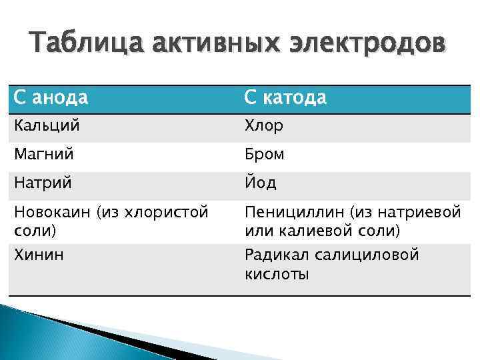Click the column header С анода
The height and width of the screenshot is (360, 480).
click(x=51, y=98)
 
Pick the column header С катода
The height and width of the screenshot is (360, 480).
click(x=285, y=98)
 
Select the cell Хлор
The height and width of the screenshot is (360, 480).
click(x=264, y=126)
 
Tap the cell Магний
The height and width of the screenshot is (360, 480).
click(x=41, y=154)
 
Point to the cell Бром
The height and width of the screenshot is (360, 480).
click(x=265, y=154)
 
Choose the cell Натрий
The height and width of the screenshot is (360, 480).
click(x=41, y=182)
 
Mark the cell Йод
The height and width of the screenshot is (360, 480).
click(x=261, y=182)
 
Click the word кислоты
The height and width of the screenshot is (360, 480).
click(x=277, y=273)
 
